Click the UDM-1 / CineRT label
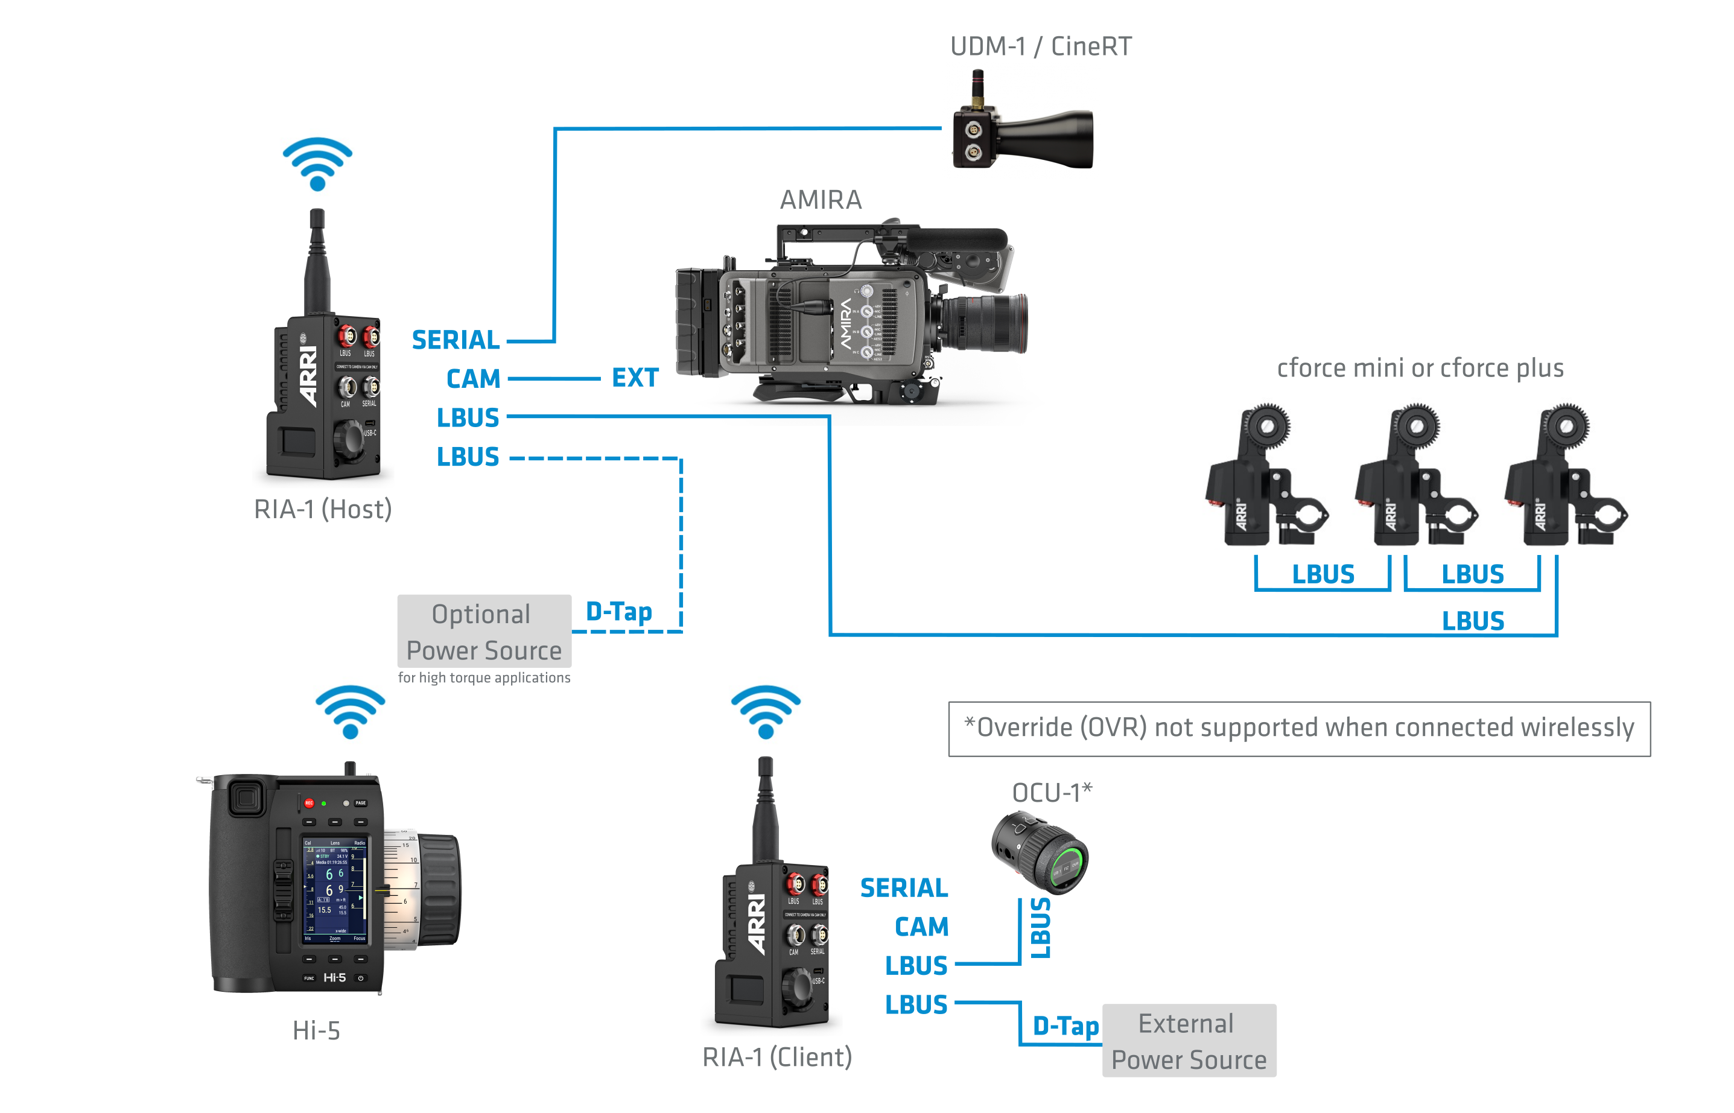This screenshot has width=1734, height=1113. tap(1040, 47)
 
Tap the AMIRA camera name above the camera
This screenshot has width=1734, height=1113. tap(821, 200)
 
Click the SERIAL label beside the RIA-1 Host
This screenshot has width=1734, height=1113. tap(456, 340)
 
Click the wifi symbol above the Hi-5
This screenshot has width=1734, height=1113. tap(351, 712)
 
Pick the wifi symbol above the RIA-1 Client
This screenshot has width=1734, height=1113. tap(766, 712)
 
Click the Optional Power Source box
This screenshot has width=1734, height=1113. tap(483, 632)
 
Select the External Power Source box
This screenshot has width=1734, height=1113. tap(1189, 1041)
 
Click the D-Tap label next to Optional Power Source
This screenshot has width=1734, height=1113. tap(618, 612)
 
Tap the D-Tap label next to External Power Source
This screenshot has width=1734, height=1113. tap(1065, 1026)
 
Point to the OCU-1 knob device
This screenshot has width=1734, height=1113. tap(1041, 853)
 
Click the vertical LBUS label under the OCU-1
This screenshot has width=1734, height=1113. tap(1040, 928)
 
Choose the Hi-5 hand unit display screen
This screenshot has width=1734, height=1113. tap(335, 891)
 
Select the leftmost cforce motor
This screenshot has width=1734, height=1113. tap(1265, 477)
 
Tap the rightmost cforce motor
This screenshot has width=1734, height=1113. tap(1565, 477)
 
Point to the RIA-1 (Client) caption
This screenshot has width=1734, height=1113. tap(777, 1058)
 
